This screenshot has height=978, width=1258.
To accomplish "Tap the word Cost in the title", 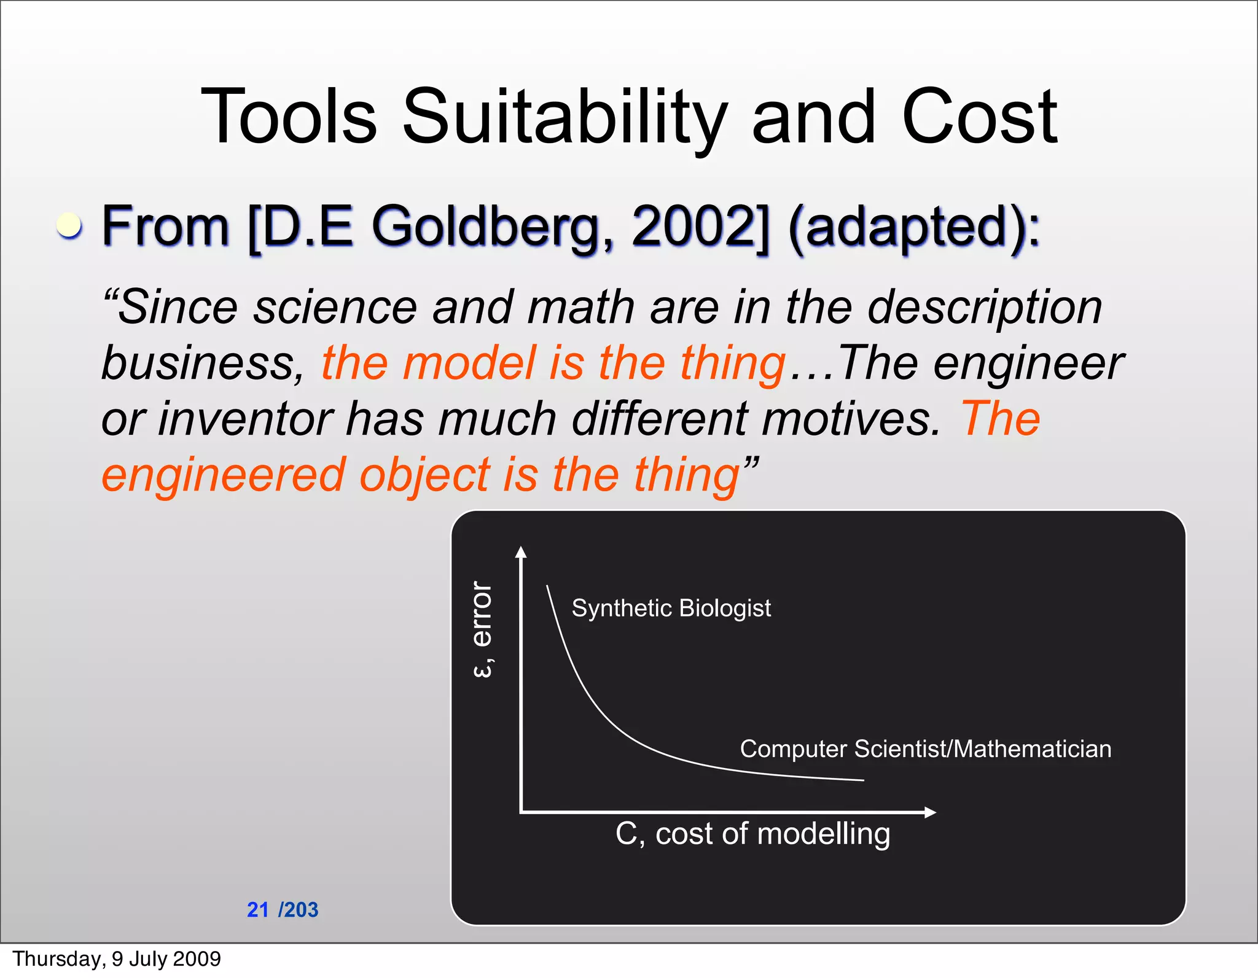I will (x=979, y=117).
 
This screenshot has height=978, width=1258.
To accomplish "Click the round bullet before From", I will (x=69, y=225).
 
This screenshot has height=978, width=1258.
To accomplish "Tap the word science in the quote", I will (x=335, y=306).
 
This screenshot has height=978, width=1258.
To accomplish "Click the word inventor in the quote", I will (x=246, y=419).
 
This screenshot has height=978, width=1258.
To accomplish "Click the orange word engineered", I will (x=224, y=475).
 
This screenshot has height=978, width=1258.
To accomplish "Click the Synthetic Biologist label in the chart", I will (x=671, y=608).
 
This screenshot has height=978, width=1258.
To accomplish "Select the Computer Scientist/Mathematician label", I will (x=925, y=749).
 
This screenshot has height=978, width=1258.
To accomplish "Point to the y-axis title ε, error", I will (x=483, y=629).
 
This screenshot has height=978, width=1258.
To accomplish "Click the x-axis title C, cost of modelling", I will (x=752, y=834).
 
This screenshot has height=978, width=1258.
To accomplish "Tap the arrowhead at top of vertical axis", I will (x=521, y=552).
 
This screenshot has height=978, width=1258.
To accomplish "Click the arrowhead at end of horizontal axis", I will (x=931, y=812).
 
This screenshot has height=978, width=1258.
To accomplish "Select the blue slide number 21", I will (x=258, y=910).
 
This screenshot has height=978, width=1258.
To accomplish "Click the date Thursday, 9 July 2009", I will (x=117, y=959).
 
